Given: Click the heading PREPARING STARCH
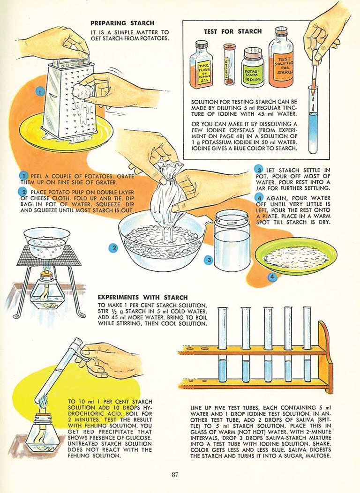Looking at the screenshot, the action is pos(122,23).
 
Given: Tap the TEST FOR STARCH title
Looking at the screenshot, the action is pos(232,31).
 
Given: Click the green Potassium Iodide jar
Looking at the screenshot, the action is pos(253,67).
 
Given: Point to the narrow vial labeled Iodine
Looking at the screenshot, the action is pos(229,64).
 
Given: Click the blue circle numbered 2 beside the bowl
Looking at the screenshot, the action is pos(113,248).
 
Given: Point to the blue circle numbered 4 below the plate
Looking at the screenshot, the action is pos(273,277).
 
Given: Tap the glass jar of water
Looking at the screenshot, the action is pos(232,240).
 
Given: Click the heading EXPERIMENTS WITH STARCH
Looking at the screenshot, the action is pos(142,297).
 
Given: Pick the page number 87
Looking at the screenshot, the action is pos(175,475).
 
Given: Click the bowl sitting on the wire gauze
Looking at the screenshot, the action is pos(47,243).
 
